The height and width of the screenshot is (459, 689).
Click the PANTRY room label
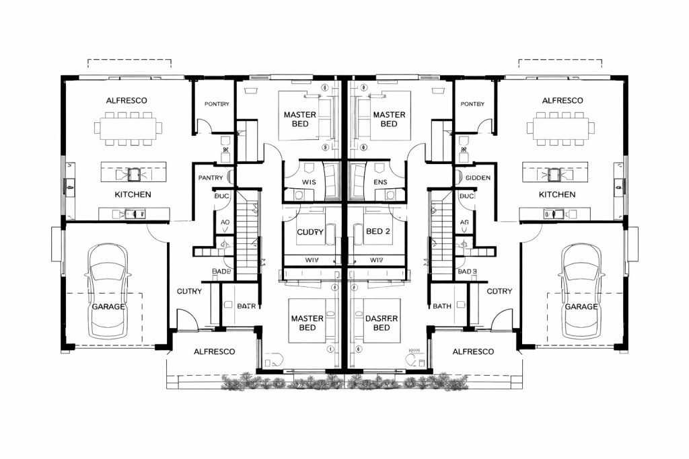coord(211,177)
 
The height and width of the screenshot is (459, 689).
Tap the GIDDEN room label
coord(478,177)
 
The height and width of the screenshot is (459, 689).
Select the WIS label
coord(310,182)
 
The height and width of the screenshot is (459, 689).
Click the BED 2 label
coord(378,231)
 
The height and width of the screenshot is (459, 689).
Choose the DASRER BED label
coord(381,323)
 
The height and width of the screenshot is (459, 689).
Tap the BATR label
coord(246,306)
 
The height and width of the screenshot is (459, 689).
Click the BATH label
coord(442,306)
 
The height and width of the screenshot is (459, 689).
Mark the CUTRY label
coord(190,291)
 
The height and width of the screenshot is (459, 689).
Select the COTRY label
coord(499,291)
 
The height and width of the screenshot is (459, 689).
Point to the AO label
coord(225,222)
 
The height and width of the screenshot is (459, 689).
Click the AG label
coord(464,222)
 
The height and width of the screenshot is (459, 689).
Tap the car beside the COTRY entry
coord(581,291)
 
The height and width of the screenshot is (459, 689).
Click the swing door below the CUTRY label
coord(186,320)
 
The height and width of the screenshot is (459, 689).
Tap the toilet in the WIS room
coord(298,194)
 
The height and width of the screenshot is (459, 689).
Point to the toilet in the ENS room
coord(390,194)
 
